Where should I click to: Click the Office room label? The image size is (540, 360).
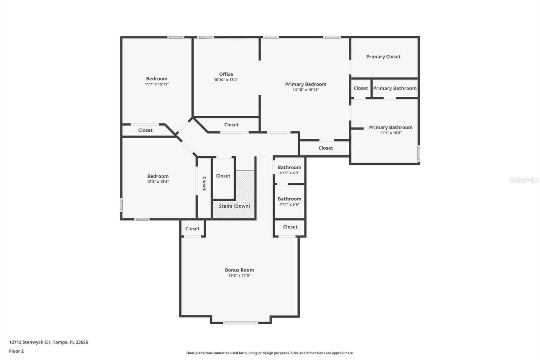[x=226, y=74]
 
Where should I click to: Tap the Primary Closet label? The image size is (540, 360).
[x=383, y=57]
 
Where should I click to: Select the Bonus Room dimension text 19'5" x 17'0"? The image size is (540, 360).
[x=239, y=276]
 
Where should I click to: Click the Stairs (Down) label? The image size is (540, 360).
[x=235, y=206]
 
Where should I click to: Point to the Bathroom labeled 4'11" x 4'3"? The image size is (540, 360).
[x=289, y=168]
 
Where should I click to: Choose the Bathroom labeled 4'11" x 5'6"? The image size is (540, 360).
[x=289, y=199]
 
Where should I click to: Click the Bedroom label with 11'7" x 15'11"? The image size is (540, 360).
[x=157, y=79]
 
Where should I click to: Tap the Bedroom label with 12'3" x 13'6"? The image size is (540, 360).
[x=158, y=176]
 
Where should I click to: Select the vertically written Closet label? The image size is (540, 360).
[x=204, y=183]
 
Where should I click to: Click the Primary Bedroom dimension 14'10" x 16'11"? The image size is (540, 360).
[x=305, y=90]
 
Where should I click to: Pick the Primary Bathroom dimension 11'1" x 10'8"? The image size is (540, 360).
[x=390, y=133]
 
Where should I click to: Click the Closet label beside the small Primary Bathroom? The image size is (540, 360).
[x=360, y=88]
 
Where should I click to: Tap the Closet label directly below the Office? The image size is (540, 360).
[x=231, y=125]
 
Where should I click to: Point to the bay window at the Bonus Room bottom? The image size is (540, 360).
[x=240, y=323]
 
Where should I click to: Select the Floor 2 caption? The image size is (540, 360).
[x=16, y=351]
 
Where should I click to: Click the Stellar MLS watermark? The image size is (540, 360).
[x=524, y=180]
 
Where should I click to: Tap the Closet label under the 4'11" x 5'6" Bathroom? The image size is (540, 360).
[x=290, y=227]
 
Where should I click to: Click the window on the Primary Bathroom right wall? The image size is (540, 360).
[x=419, y=153]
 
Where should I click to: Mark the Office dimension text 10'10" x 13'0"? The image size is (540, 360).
[x=226, y=80]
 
